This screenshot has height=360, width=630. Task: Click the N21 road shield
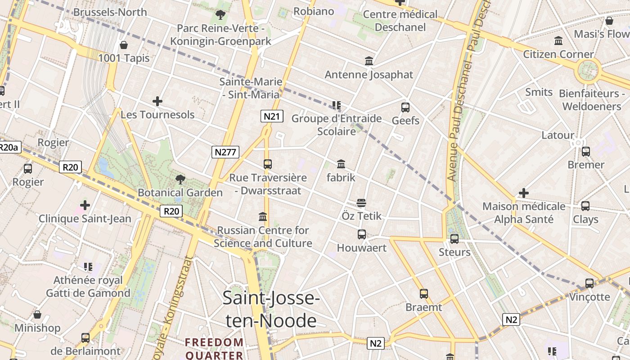click(x=271, y=117)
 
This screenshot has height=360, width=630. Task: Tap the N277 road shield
click(x=225, y=152)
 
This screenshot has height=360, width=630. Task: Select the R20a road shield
click(x=9, y=147)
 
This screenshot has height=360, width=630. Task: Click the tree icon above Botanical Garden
click(x=180, y=180)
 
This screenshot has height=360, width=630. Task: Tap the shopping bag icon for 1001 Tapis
click(x=124, y=45)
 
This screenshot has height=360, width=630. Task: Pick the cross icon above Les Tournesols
click(x=157, y=101)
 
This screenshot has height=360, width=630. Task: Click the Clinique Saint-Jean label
click(x=85, y=219)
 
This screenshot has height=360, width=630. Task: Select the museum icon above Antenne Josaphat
click(x=369, y=61)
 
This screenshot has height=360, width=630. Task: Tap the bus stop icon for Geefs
click(x=405, y=108)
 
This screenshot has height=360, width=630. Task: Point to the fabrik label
click(x=341, y=177)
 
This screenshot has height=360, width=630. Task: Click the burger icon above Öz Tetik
click(x=361, y=203)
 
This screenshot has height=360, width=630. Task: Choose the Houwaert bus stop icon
click(x=361, y=234)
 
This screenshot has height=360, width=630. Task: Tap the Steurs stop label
click(x=454, y=252)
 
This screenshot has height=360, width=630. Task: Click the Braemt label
click(x=424, y=307)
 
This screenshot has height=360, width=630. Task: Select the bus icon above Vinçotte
click(x=589, y=283)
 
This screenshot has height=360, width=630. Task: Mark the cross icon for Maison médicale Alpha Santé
click(x=524, y=193)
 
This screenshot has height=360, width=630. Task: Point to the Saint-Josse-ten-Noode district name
click(x=271, y=309)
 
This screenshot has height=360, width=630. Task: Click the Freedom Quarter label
click(x=214, y=348)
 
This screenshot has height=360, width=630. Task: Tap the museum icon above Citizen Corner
click(x=558, y=41)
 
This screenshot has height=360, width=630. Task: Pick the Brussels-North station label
click(x=110, y=12)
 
